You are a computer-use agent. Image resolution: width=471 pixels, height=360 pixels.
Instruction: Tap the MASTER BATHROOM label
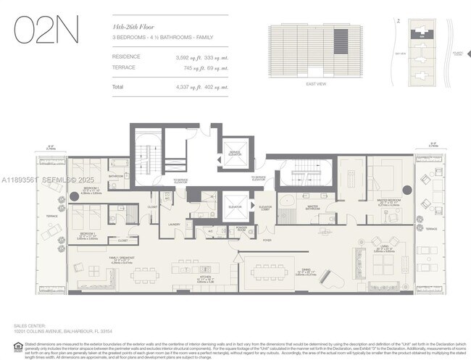(312, 206)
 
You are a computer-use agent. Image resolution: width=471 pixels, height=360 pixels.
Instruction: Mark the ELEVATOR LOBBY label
(265, 208)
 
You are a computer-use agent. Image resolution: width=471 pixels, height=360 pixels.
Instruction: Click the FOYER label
(267, 240)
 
